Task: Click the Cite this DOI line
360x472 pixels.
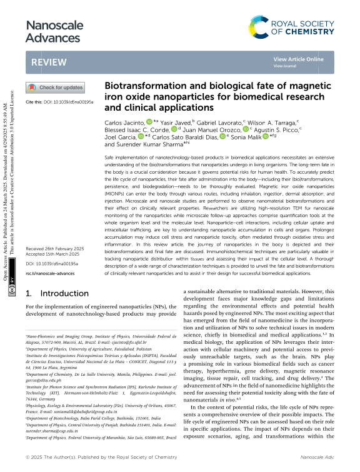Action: [60, 101]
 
